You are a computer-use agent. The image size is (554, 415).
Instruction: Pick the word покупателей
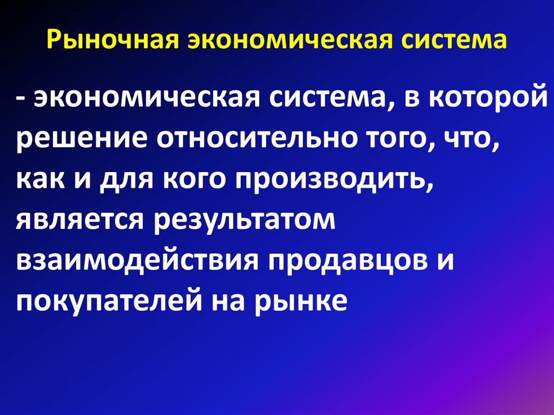click(108, 300)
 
